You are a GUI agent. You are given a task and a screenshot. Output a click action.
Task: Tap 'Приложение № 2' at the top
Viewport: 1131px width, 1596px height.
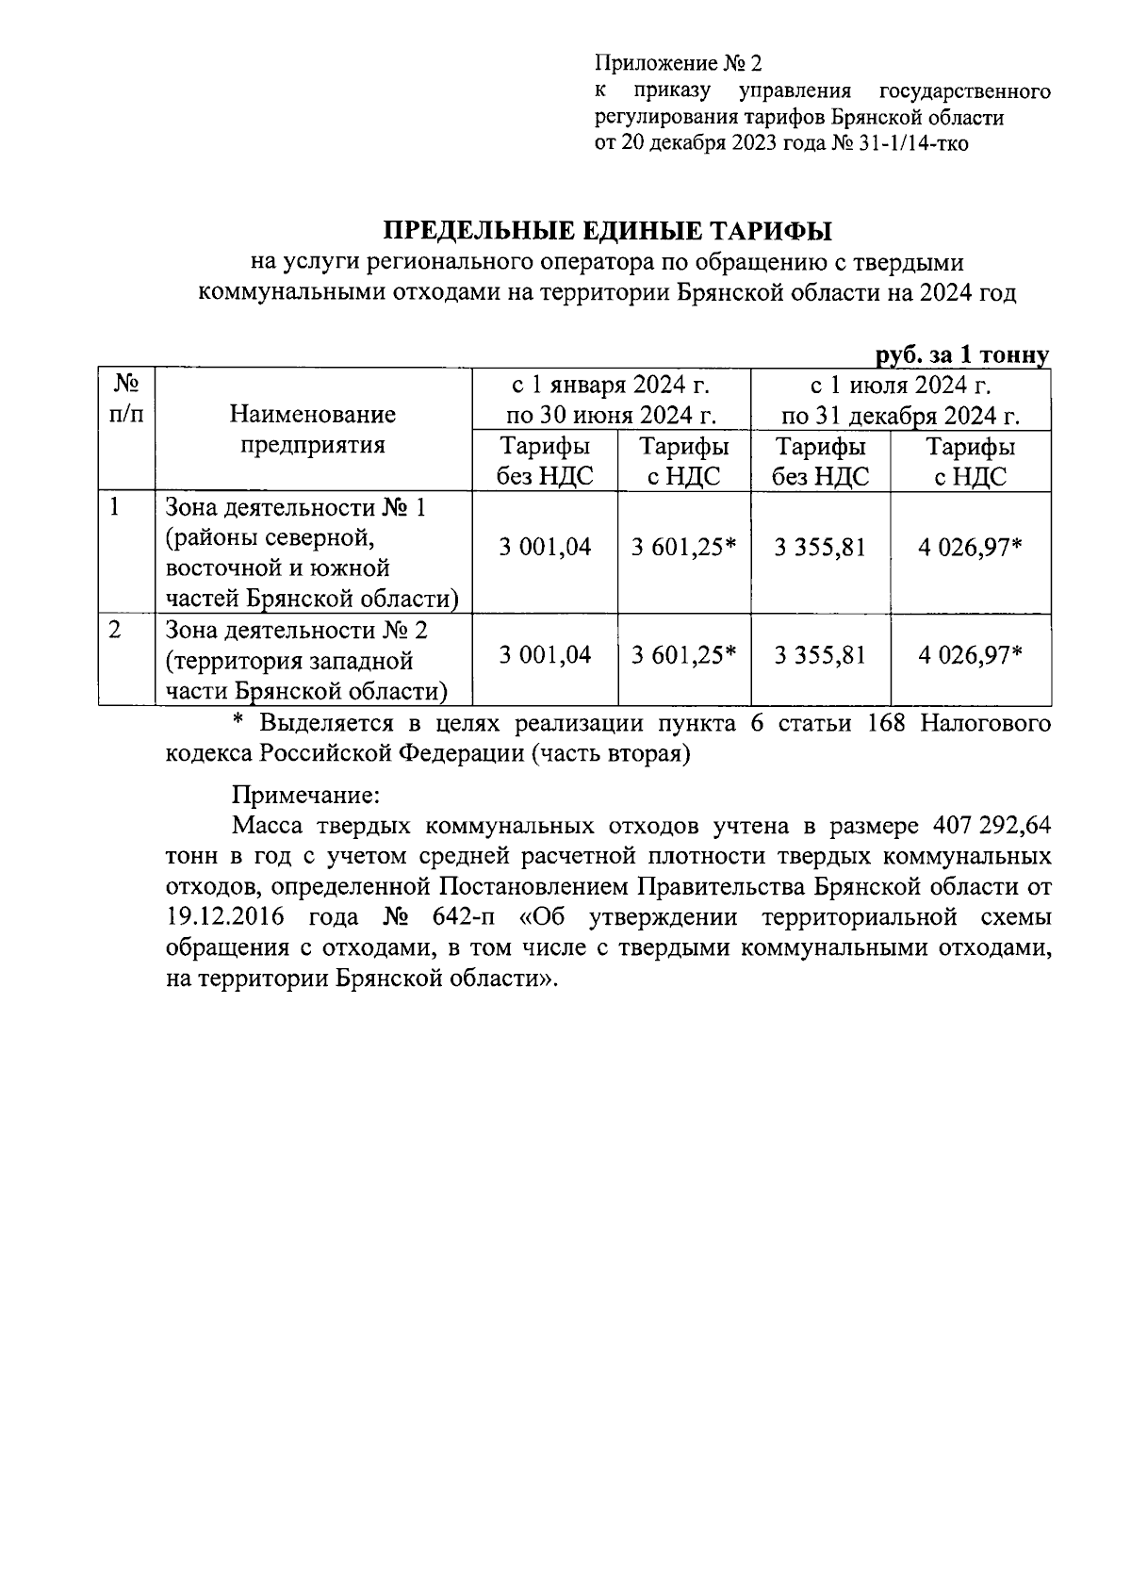pos(676,64)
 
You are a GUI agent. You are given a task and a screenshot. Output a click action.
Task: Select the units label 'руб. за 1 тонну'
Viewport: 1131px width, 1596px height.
pos(961,355)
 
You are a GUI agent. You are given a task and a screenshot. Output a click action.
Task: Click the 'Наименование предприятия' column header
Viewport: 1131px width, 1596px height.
pos(312,429)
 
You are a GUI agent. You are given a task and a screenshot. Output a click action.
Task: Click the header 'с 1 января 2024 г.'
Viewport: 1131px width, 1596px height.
pos(610,385)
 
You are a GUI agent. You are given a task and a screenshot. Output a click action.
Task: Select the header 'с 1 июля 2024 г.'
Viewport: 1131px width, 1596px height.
pos(900,385)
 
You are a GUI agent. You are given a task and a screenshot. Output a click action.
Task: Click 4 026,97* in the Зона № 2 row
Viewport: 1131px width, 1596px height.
pos(970,654)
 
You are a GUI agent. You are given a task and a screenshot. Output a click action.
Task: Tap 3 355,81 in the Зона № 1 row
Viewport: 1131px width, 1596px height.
pos(820,547)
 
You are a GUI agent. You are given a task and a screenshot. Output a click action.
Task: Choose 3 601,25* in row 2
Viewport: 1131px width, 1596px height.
pos(684,654)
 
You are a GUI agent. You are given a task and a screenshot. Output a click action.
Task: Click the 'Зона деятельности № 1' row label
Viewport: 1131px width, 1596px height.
pos(295,508)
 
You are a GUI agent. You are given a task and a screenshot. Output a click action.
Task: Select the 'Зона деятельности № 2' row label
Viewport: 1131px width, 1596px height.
pos(295,629)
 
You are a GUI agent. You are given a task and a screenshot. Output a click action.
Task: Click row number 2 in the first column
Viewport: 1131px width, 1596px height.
pos(114,629)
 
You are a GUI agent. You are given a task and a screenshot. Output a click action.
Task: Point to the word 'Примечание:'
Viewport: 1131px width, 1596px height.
pos(304,794)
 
